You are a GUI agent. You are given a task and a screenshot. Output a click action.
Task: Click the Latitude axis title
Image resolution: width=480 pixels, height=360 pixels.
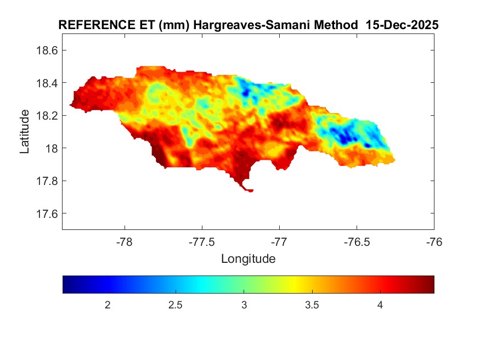coord(25,132)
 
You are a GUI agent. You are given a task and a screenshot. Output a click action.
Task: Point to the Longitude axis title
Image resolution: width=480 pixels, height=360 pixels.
coord(248,258)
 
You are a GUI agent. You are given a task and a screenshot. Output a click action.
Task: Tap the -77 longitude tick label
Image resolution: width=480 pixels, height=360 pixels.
coord(279,241)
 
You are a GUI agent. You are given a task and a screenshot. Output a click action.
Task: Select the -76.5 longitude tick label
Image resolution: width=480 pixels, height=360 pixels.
coord(357,241)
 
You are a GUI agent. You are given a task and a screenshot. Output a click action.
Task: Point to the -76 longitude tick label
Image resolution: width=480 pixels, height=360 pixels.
coord(434,241)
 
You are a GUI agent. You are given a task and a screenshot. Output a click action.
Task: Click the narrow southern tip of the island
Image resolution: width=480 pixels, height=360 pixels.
coord(248,190)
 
